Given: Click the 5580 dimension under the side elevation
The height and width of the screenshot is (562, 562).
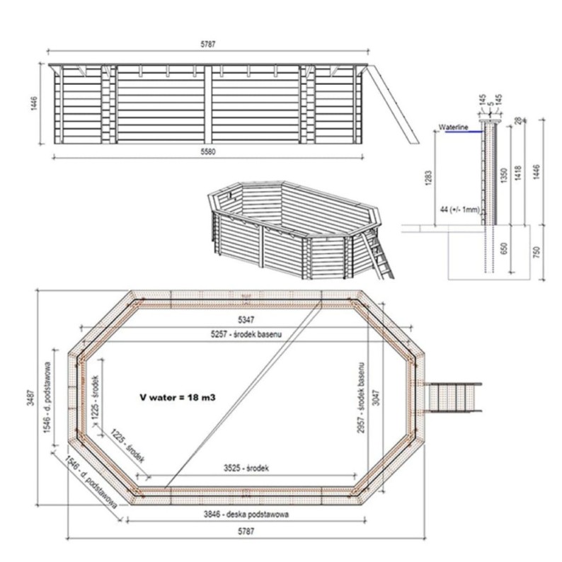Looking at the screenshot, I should [207, 152].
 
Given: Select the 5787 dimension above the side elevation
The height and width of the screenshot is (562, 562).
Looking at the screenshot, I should [207, 44].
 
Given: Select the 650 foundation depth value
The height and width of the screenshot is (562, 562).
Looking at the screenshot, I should [503, 249].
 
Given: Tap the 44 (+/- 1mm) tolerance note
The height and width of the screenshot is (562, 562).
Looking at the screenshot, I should [459, 211].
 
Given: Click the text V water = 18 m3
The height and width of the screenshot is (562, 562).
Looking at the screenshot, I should [177, 398].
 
